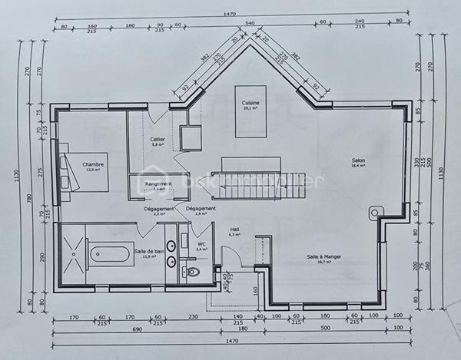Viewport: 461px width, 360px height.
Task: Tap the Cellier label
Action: [158, 139]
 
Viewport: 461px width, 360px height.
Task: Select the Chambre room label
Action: [94, 165]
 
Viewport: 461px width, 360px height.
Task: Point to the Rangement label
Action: [158, 184]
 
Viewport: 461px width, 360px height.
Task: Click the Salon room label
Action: [358, 160]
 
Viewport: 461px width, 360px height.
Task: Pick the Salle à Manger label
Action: [323, 257]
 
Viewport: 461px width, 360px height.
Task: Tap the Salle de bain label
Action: [149, 251]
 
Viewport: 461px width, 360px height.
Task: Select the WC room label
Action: [201, 244]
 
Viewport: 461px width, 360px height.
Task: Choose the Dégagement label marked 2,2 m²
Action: [158, 209]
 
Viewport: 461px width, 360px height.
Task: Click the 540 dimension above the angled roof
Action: [250, 23]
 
